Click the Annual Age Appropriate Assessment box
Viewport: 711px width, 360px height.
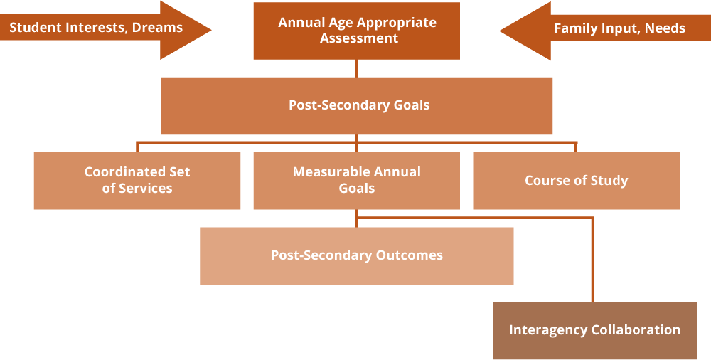tap(357, 31)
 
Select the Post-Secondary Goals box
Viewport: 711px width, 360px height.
tap(357, 105)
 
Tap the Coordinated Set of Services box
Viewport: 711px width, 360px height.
tap(137, 181)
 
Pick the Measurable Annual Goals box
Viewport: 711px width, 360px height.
tap(357, 181)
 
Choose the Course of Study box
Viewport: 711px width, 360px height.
tap(576, 181)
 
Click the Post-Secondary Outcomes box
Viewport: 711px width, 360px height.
tap(357, 255)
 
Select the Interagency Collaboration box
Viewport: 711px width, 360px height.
tap(594, 330)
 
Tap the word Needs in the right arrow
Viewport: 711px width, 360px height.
tap(665, 28)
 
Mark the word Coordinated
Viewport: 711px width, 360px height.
tap(126, 172)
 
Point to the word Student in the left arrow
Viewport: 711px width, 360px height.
tap(33, 28)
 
